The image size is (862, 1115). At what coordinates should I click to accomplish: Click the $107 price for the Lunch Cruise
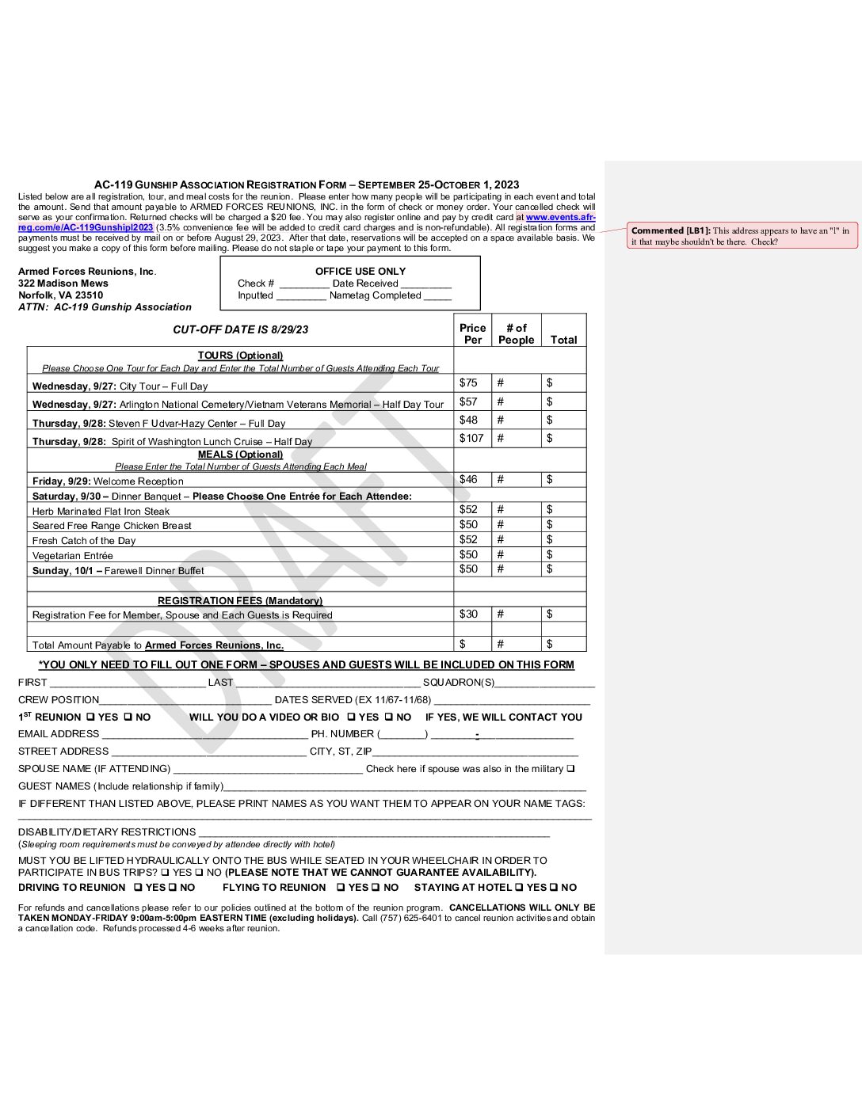471,438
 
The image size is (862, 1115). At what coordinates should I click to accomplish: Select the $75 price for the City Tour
468,382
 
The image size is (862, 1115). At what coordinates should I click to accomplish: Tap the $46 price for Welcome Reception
468,479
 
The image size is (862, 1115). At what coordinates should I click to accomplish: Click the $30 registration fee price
468,614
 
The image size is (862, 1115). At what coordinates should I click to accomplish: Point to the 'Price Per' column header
472,333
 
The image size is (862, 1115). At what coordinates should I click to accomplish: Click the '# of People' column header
516,333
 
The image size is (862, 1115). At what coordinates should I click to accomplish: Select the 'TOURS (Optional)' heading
240,356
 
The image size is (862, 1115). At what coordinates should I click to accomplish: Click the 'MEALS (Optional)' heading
240,455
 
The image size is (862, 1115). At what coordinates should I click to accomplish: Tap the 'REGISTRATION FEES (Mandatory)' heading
240,601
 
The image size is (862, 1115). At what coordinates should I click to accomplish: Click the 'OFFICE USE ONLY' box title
360,271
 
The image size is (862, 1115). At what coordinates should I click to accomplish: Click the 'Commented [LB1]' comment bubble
742,236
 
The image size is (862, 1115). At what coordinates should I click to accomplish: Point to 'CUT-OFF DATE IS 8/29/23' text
241,329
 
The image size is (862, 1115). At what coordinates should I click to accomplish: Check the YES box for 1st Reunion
91,717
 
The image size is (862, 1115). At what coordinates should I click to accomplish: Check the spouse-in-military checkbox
571,768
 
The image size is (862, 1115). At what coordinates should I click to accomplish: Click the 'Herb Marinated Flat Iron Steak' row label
101,512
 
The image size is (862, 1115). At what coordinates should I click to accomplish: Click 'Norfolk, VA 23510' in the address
60,295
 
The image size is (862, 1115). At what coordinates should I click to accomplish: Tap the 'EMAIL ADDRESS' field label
59,734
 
